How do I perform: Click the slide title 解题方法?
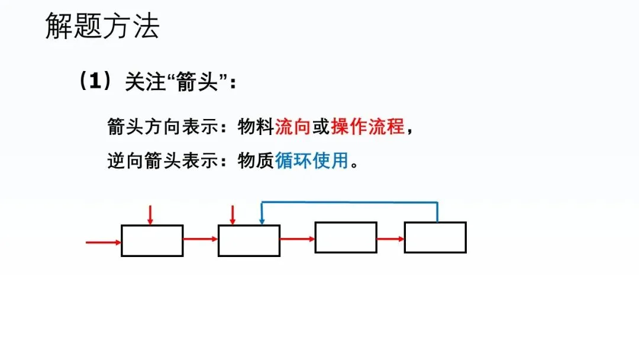click(x=102, y=27)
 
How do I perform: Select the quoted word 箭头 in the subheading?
click(x=198, y=82)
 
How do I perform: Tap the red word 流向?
click(x=293, y=127)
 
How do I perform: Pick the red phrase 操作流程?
click(x=367, y=127)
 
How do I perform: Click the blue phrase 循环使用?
click(x=312, y=160)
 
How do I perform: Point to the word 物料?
click(x=256, y=127)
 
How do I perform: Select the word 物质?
click(x=256, y=160)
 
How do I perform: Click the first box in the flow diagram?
click(x=152, y=240)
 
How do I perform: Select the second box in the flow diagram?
click(x=248, y=240)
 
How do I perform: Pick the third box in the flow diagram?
click(x=346, y=237)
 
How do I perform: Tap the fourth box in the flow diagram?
click(x=435, y=237)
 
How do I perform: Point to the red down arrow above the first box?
click(x=150, y=215)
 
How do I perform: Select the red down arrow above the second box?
click(x=233, y=215)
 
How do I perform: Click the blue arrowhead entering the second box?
click(x=262, y=221)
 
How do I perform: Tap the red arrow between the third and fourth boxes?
click(x=390, y=239)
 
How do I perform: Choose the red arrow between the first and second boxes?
click(x=201, y=239)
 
